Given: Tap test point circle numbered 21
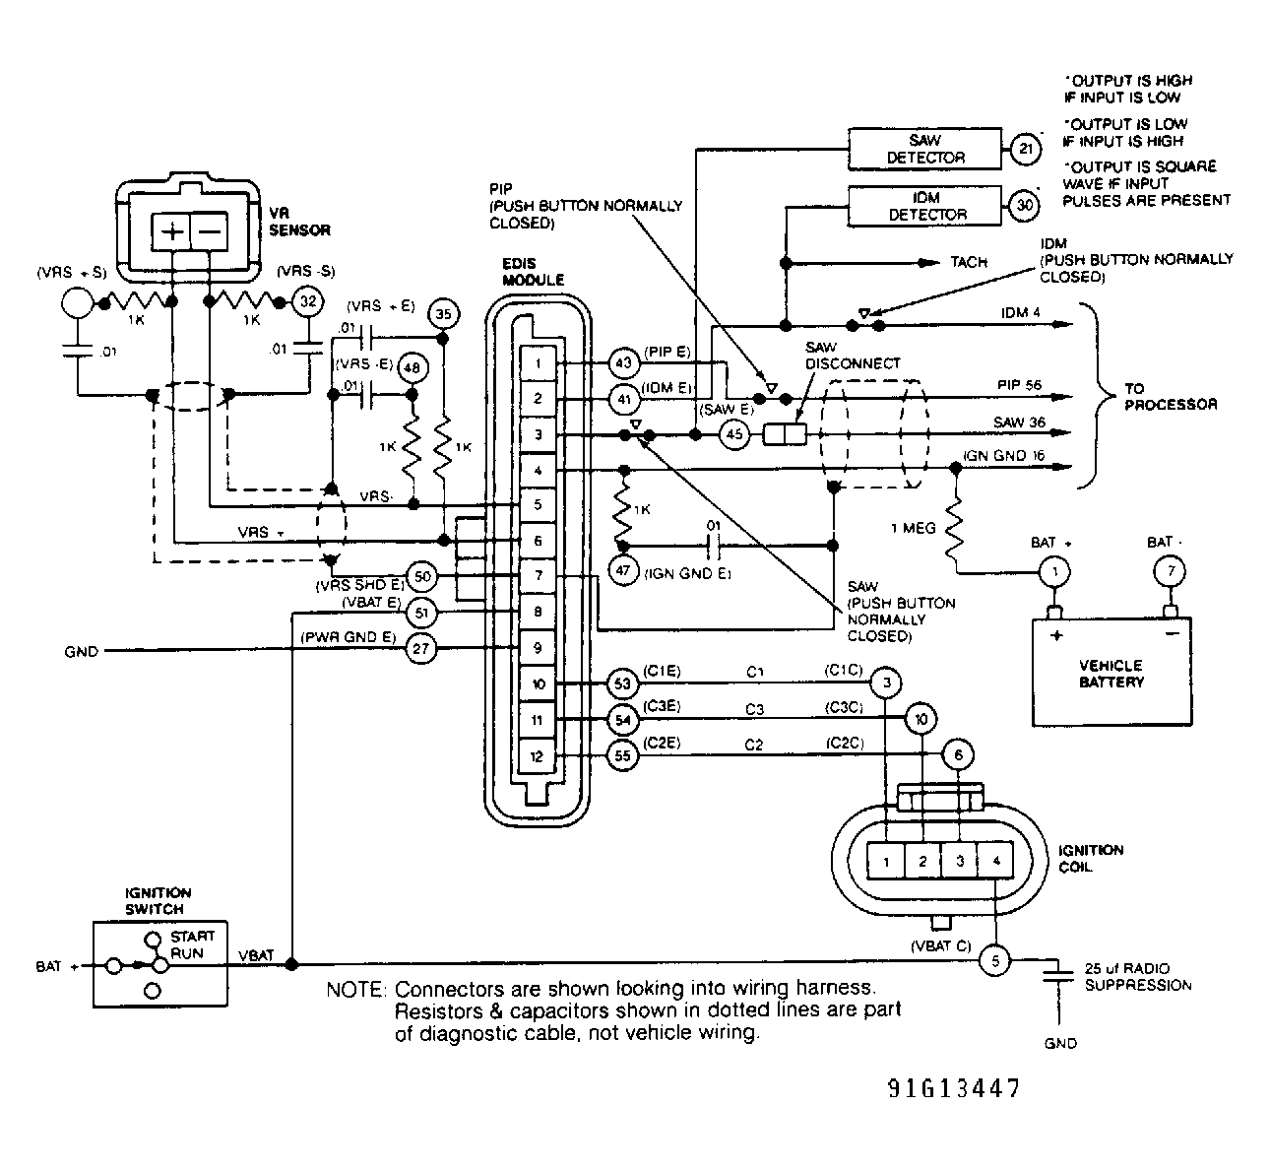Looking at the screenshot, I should [1025, 150].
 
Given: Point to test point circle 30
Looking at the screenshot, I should [1025, 206].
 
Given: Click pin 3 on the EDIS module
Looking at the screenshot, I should [538, 434].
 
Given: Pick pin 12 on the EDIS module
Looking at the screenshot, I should [538, 756].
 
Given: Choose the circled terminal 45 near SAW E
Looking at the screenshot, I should [734, 433].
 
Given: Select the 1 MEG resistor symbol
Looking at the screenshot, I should [954, 533].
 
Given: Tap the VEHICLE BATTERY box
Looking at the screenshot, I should [1111, 672].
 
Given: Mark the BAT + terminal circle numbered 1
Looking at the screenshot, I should [1055, 571].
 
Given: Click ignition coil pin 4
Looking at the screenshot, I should [996, 861].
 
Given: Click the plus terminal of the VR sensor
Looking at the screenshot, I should [170, 232].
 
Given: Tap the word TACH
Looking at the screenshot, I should [969, 263].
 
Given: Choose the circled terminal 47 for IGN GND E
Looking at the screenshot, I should [622, 571].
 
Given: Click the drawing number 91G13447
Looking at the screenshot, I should [952, 1088].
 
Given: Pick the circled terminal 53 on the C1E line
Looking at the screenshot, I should [622, 683].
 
